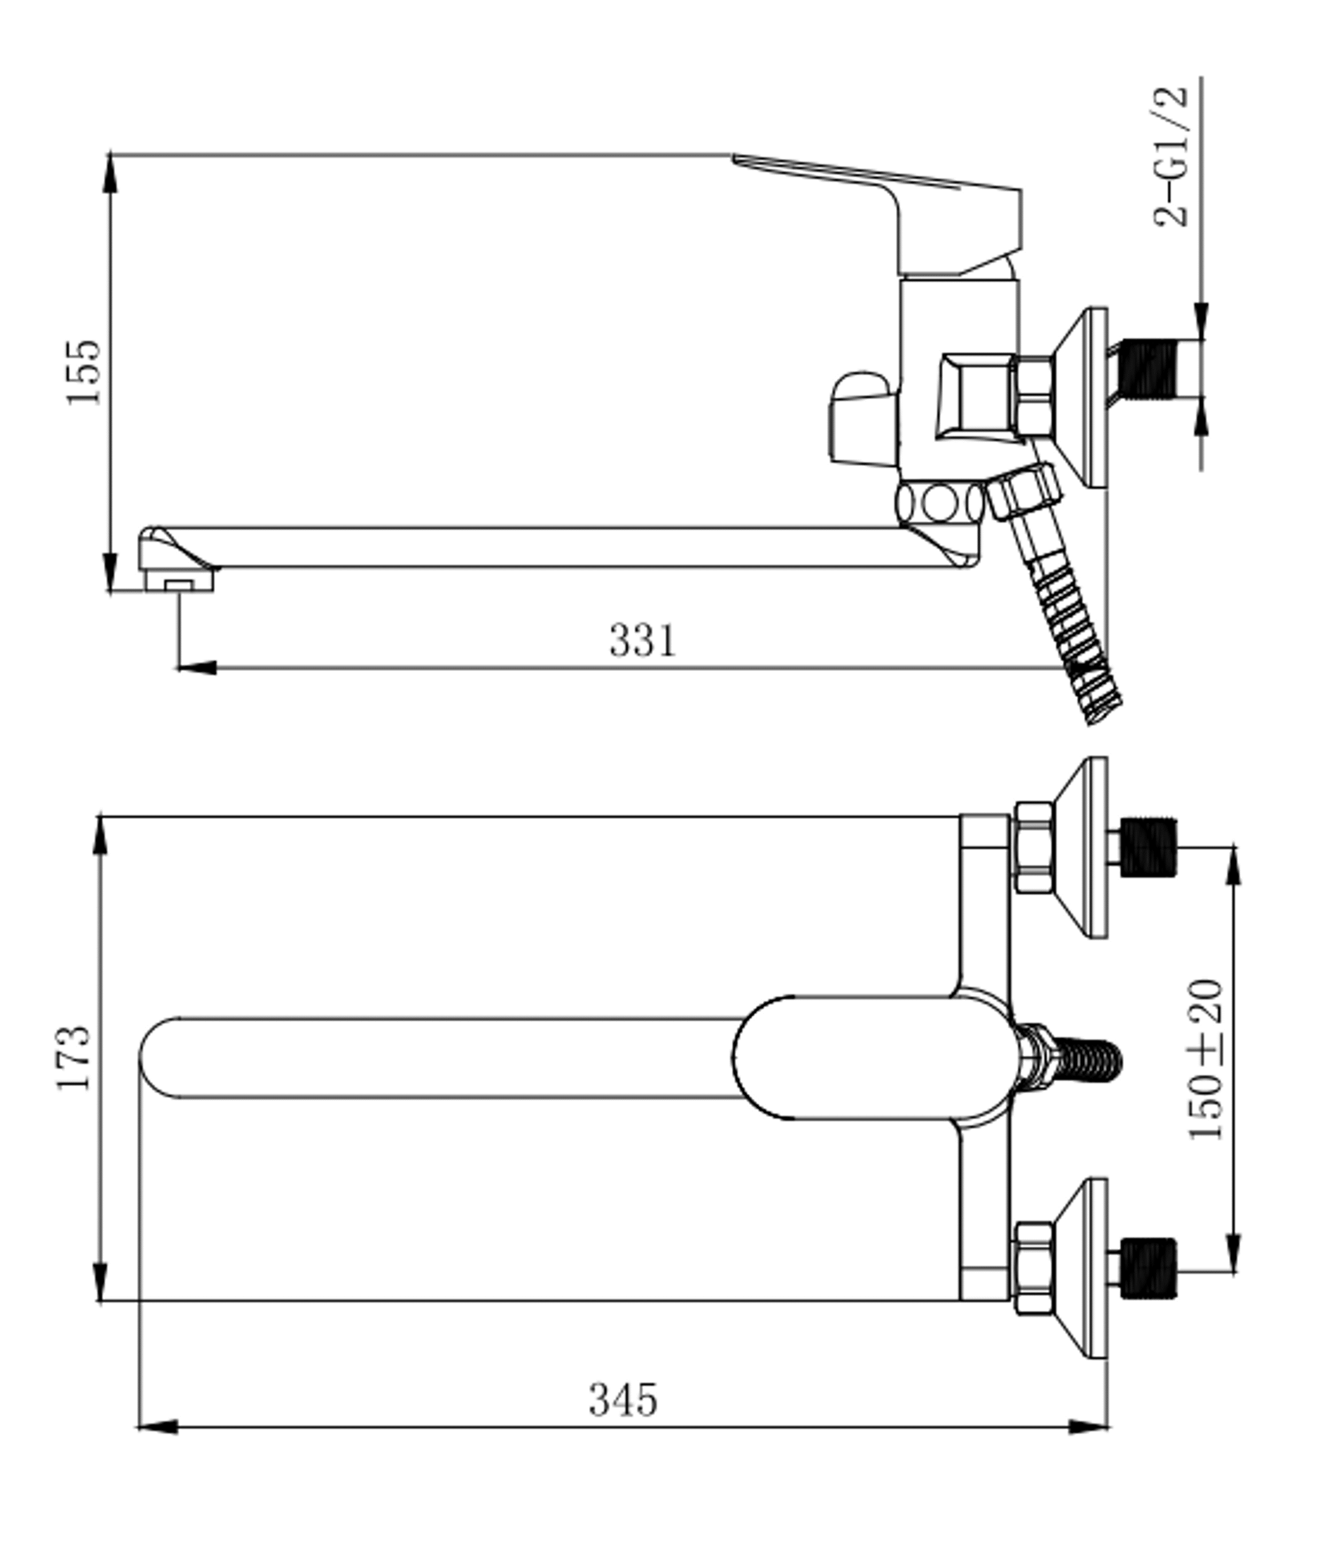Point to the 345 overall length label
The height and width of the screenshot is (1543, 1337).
pyautogui.click(x=624, y=1400)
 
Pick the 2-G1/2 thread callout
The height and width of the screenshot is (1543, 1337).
pyautogui.click(x=1171, y=157)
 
